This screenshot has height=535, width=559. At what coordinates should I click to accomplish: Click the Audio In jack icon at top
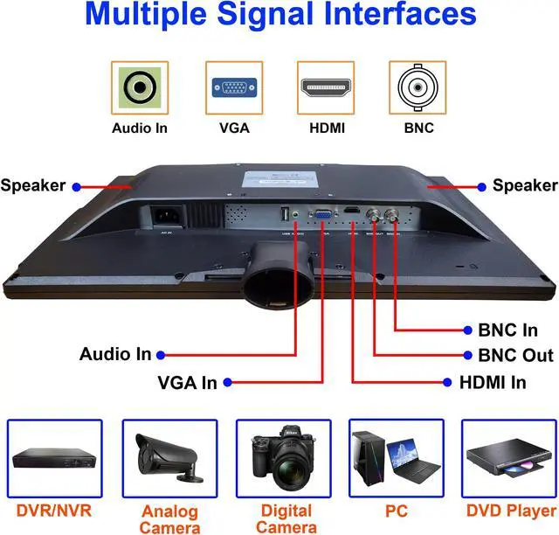pos(140,88)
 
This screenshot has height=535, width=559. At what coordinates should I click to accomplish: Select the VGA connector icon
pos(233,88)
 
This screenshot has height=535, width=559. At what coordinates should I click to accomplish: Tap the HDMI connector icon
pos(326,88)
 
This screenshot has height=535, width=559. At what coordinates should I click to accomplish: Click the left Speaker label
pos(33,185)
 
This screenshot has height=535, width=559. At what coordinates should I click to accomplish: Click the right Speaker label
pos(524,185)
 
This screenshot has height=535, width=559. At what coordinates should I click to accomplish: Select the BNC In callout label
pos(507,330)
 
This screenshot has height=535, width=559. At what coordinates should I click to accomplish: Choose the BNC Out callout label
pos(515,356)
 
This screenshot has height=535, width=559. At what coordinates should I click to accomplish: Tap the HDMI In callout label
pos(493,382)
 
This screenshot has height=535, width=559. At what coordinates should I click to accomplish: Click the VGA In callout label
pos(187,382)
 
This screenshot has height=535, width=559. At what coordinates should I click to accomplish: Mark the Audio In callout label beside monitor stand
pos(115,354)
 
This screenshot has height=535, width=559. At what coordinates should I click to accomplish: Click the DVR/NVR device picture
pos(54,458)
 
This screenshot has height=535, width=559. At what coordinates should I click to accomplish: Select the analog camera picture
pos(169,458)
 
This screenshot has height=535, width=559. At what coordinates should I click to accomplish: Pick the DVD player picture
pos(511,458)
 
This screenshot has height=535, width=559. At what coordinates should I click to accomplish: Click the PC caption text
pos(397,510)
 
